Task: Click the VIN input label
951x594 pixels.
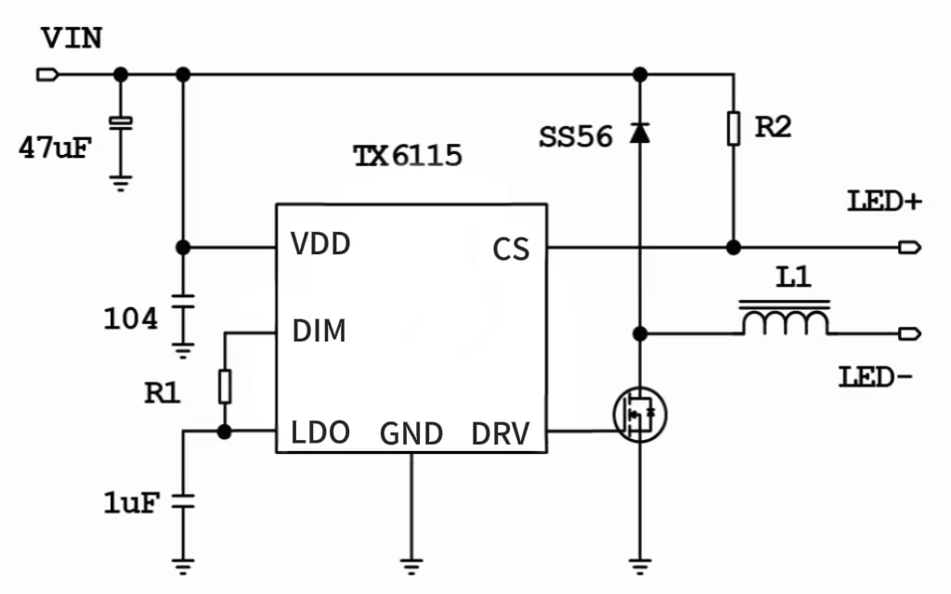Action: pyautogui.click(x=72, y=39)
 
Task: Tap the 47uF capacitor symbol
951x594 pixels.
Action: pyautogui.click(x=120, y=122)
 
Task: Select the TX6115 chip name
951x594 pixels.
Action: pyautogui.click(x=407, y=155)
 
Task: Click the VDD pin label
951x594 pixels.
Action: pyautogui.click(x=320, y=245)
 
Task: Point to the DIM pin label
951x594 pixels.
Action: pyautogui.click(x=319, y=330)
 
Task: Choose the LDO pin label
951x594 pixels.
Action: pyautogui.click(x=320, y=433)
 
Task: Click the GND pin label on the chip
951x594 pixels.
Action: pyautogui.click(x=411, y=433)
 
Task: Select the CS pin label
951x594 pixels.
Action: pyautogui.click(x=511, y=249)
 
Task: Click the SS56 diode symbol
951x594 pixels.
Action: pyautogui.click(x=639, y=133)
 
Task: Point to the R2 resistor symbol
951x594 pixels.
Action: pyautogui.click(x=734, y=128)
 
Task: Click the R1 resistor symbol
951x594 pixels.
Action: pyautogui.click(x=224, y=385)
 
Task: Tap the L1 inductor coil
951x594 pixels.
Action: pyautogui.click(x=784, y=320)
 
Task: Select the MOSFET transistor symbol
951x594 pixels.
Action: pyautogui.click(x=640, y=414)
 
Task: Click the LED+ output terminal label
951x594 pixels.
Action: pyautogui.click(x=883, y=201)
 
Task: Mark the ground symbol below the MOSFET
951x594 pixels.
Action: pyautogui.click(x=639, y=561)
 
